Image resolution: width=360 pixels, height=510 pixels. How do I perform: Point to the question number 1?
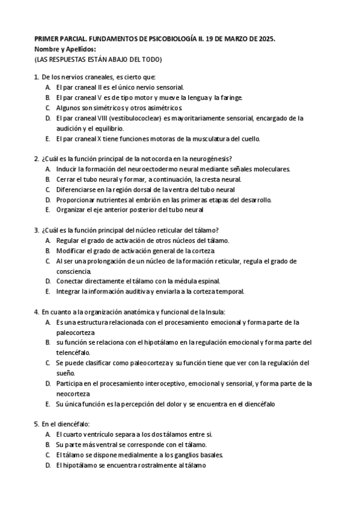36,77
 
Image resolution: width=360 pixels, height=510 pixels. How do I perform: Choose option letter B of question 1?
47,97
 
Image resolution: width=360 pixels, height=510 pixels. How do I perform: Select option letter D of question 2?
47,200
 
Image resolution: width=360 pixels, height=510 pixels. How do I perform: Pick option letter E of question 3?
47,292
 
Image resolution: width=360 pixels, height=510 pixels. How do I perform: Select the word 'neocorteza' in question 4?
73,393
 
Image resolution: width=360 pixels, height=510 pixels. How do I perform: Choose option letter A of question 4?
47,322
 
